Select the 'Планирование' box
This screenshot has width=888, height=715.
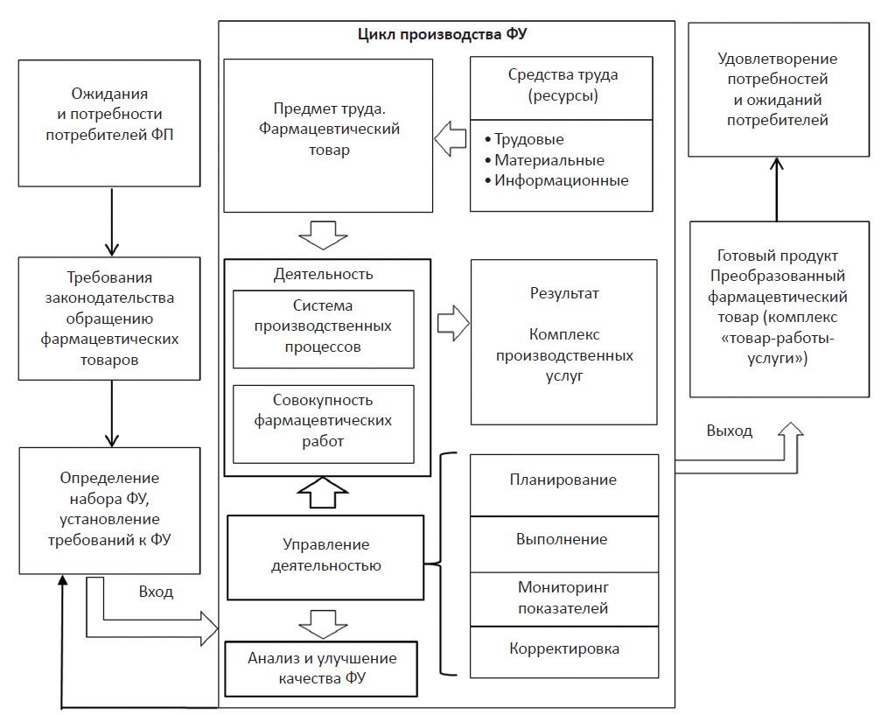563,480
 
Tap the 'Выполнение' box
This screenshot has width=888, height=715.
563,539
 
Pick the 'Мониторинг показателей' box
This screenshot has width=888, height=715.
563,598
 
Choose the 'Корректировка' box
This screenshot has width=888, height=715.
563,649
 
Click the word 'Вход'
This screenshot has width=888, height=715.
156,592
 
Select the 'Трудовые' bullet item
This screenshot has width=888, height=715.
528,140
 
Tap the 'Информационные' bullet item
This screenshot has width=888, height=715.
561,181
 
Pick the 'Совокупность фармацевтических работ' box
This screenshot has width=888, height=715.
323,421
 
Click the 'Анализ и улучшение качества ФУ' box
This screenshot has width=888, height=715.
321,667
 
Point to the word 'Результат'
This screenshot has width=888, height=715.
564,293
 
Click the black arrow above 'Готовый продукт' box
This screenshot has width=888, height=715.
776,188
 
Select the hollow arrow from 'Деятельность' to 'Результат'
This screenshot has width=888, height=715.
452,322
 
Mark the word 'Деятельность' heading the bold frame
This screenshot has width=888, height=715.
323,274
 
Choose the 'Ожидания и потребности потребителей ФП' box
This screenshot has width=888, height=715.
108,123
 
